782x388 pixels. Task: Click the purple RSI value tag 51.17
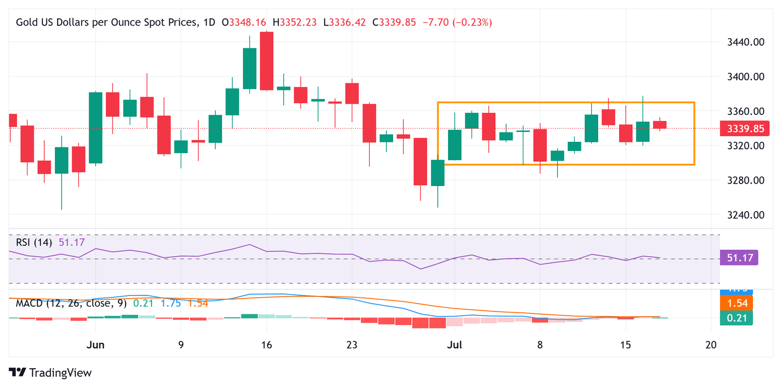click(739, 258)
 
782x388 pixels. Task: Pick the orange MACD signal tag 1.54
click(736, 304)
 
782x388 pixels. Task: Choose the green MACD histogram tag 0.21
click(736, 318)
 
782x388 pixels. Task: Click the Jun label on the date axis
click(96, 344)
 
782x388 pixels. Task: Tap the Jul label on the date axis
click(454, 344)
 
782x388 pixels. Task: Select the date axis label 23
click(351, 344)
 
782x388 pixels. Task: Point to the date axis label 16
click(266, 344)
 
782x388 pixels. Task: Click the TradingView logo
click(50, 373)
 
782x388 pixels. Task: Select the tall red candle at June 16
click(266, 61)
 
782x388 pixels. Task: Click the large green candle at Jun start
click(96, 128)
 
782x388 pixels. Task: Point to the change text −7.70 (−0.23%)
click(457, 22)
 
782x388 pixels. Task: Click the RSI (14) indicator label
click(34, 243)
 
